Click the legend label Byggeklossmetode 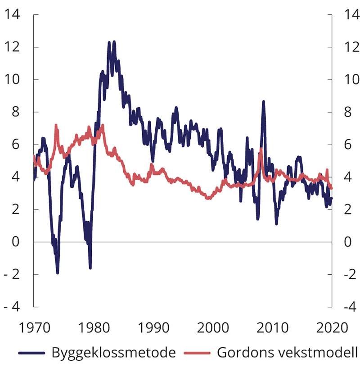pos(113,352)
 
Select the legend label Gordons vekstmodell pos(288,352)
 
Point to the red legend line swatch pos(198,353)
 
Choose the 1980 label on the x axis pos(94,327)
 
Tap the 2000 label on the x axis pos(213,327)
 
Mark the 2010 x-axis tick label pos(272,327)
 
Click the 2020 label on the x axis pos(332,327)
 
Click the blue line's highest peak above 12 pos(114,42)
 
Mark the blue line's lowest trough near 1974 pos(58,273)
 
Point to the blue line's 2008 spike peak pos(263,102)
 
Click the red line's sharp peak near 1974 pos(56,125)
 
